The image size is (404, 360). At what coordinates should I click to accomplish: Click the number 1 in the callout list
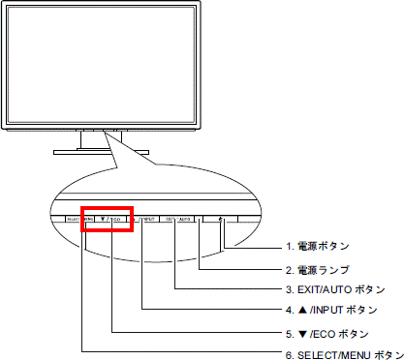(288, 247)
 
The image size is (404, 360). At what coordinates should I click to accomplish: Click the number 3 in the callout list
(288, 289)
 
